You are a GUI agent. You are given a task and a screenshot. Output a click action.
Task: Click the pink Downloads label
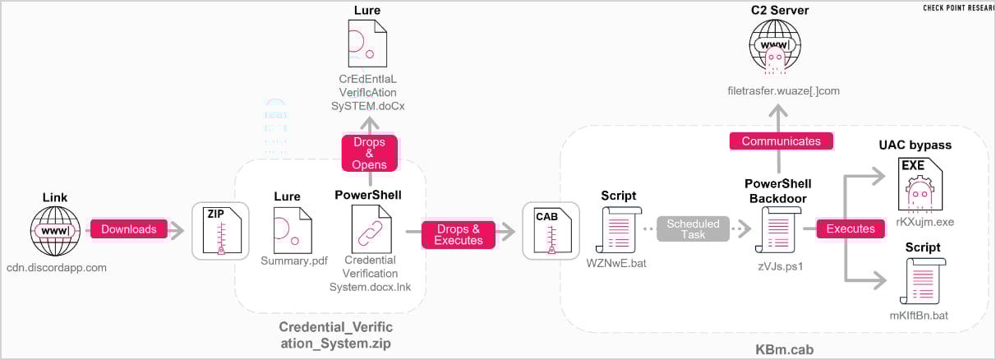click(129, 229)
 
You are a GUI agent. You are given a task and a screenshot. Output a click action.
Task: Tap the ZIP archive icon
click(220, 229)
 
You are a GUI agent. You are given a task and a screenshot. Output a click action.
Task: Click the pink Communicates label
click(781, 141)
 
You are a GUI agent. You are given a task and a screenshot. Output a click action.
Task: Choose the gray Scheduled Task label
click(693, 229)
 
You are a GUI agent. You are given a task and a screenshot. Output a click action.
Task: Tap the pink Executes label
click(851, 229)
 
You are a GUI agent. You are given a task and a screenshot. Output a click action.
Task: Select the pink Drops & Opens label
click(369, 153)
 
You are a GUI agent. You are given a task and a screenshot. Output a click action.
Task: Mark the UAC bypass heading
click(915, 145)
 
